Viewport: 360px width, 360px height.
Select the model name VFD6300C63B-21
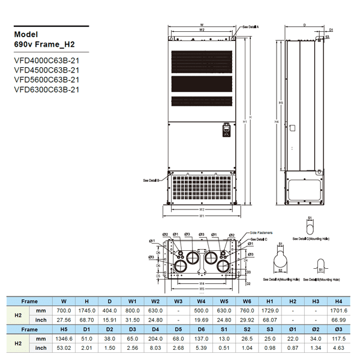pos(46,89)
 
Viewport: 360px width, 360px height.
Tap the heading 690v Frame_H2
pos(44,44)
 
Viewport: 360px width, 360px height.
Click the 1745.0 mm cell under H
pos(87,310)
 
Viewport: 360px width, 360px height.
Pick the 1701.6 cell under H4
pos(338,310)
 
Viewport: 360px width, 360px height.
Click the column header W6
pos(247,301)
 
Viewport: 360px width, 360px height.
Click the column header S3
pos(270,329)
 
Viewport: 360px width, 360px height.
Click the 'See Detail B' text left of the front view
pos(151,179)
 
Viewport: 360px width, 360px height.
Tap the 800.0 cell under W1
pos(133,310)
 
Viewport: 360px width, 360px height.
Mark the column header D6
pos(201,329)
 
